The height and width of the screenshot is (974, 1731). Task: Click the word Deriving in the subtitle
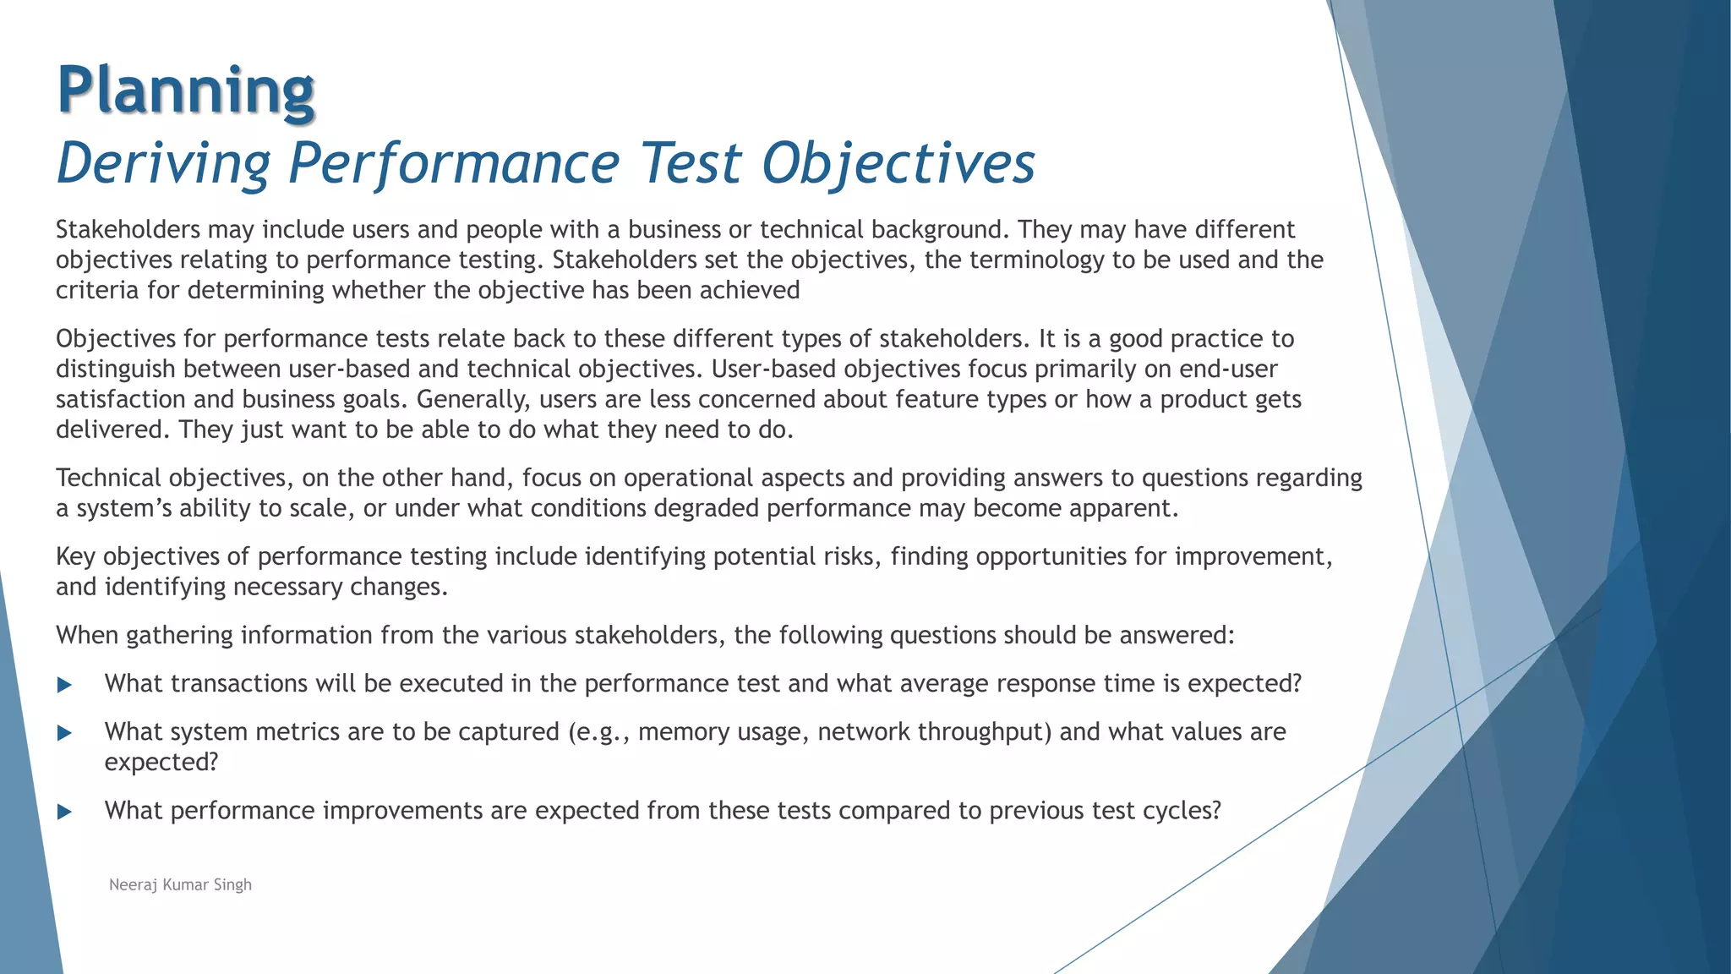163,162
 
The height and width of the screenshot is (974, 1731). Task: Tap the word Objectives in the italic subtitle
898,162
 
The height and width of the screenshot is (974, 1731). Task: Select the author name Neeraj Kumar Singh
180,884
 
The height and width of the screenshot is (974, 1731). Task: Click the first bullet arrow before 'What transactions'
65,684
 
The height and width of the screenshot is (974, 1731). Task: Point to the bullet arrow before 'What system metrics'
65,732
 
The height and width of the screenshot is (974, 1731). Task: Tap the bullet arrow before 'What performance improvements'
65,812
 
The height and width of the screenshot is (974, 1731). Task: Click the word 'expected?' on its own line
161,763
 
